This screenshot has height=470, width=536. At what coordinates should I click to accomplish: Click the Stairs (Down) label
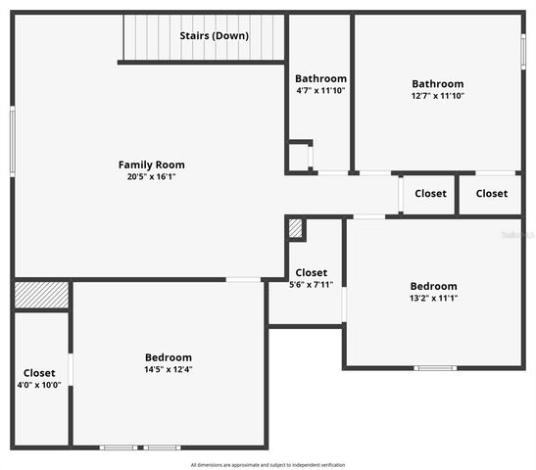click(x=214, y=36)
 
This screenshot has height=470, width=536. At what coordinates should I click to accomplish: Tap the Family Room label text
click(x=151, y=164)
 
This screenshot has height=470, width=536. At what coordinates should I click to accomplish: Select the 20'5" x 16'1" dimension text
click(x=151, y=177)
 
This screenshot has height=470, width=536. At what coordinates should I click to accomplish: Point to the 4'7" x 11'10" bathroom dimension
click(x=320, y=91)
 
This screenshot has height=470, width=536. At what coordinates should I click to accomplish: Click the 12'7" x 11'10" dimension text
click(x=437, y=96)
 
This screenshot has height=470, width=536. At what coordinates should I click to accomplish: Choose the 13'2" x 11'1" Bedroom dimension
click(x=433, y=299)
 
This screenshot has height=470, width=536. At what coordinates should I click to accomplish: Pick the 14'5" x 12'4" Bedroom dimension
click(x=169, y=370)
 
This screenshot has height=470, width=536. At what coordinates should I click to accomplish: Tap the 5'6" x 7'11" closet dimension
click(x=311, y=285)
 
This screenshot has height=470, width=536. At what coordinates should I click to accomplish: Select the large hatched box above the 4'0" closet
click(x=41, y=295)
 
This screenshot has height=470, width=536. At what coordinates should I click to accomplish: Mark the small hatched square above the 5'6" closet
click(x=296, y=228)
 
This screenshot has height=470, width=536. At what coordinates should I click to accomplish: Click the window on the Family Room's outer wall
click(x=13, y=142)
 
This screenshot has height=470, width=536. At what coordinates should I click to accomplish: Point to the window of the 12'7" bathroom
click(x=523, y=51)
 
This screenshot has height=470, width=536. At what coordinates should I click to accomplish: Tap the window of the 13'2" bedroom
click(x=435, y=368)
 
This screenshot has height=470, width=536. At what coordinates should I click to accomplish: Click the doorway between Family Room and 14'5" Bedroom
click(x=244, y=280)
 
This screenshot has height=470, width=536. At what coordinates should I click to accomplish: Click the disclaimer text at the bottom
click(x=268, y=464)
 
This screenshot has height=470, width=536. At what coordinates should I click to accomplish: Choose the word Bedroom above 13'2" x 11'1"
click(x=433, y=286)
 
